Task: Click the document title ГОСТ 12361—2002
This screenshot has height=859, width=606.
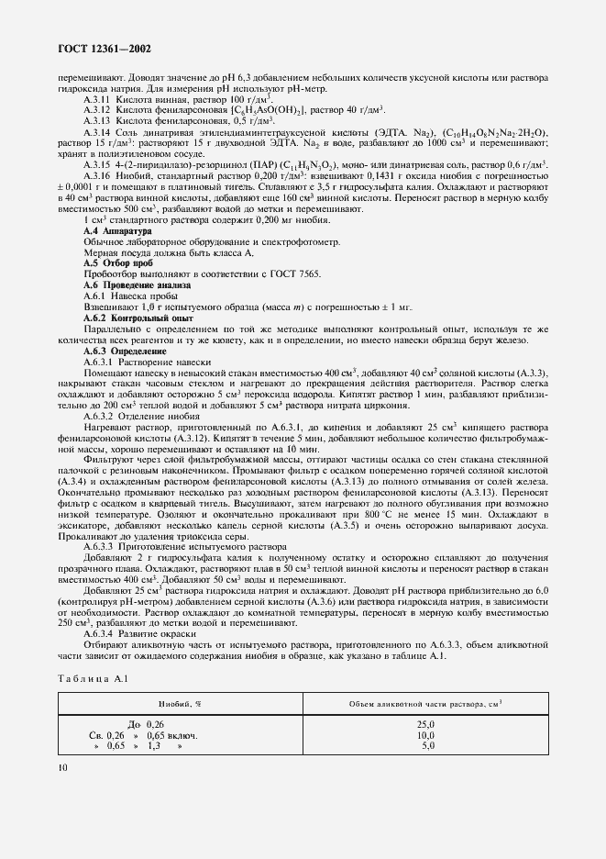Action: [101, 48]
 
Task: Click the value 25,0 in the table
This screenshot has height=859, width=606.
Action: [425, 725]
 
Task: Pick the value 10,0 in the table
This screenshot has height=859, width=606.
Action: [425, 735]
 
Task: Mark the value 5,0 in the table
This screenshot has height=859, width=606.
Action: [427, 746]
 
